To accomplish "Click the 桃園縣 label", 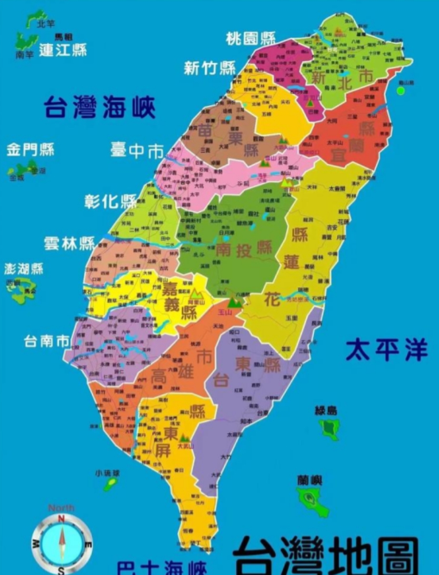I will (251, 38).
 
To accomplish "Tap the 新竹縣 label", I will (209, 68).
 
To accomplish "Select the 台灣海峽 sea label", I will (99, 107).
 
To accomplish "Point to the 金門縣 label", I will (30, 150).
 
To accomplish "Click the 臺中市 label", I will (137, 150).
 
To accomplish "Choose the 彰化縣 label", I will (111, 201).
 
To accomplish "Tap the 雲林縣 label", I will (69, 244).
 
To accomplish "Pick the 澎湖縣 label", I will (24, 268).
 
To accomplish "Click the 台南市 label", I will (47, 341).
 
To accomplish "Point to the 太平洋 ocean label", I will (386, 350).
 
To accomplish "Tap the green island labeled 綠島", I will (330, 429).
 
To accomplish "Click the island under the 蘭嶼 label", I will (312, 499).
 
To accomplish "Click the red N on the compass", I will (61, 519).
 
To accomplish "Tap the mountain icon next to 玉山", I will (235, 302).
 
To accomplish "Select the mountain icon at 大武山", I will (184, 437).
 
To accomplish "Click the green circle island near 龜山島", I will (401, 90).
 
